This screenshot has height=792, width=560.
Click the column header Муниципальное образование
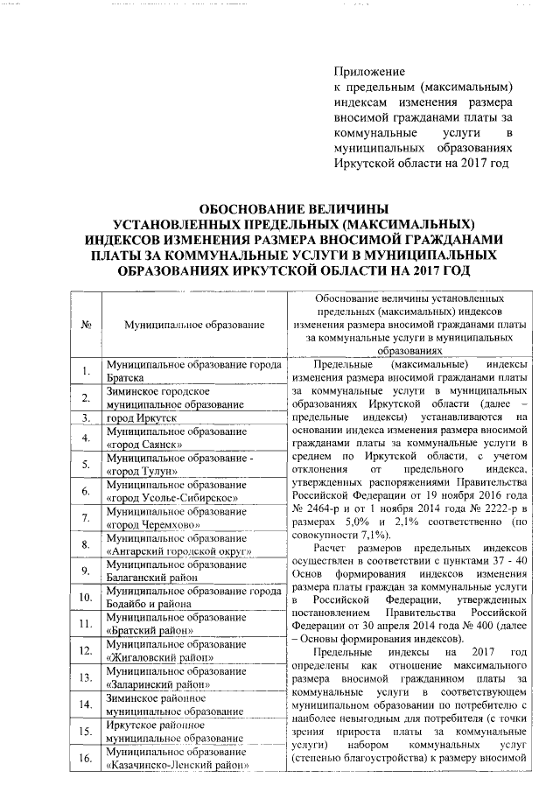pyautogui.click(x=194, y=325)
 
